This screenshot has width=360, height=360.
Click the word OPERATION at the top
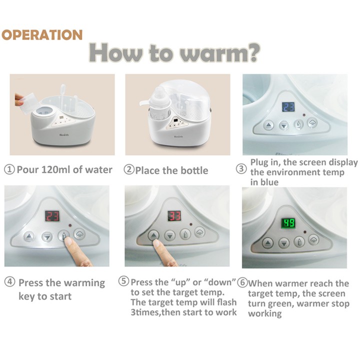coord(42,35)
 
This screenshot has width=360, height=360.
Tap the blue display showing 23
coord(288,107)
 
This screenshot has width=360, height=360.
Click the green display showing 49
coord(288,223)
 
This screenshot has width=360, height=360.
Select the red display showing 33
coord(174,216)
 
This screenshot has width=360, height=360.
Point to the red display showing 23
coord(52,216)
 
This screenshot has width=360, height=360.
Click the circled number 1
coord(9,169)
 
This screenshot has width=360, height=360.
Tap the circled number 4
coord(9,281)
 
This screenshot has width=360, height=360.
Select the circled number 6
coord(242,282)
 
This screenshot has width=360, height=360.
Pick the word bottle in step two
coord(194,170)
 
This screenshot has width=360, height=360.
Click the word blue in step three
coord(270,182)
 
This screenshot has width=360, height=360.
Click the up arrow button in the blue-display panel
coord(268,125)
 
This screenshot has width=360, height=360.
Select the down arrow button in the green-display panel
coord(284,243)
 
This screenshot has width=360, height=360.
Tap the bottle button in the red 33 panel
coord(185,234)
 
